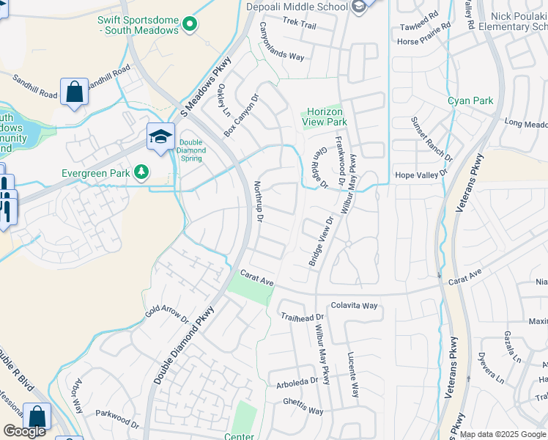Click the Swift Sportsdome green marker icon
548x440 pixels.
(x=190, y=25)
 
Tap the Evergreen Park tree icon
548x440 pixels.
(x=141, y=173)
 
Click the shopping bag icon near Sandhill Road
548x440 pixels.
(x=74, y=92)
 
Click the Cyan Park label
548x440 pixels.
(x=470, y=100)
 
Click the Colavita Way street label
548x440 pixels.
(x=354, y=305)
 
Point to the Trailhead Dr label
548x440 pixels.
(x=302, y=317)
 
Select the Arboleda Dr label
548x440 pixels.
(x=297, y=381)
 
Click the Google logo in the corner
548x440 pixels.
(x=24, y=431)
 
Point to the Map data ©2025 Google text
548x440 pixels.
(x=503, y=434)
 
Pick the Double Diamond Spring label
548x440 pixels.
(x=191, y=150)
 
